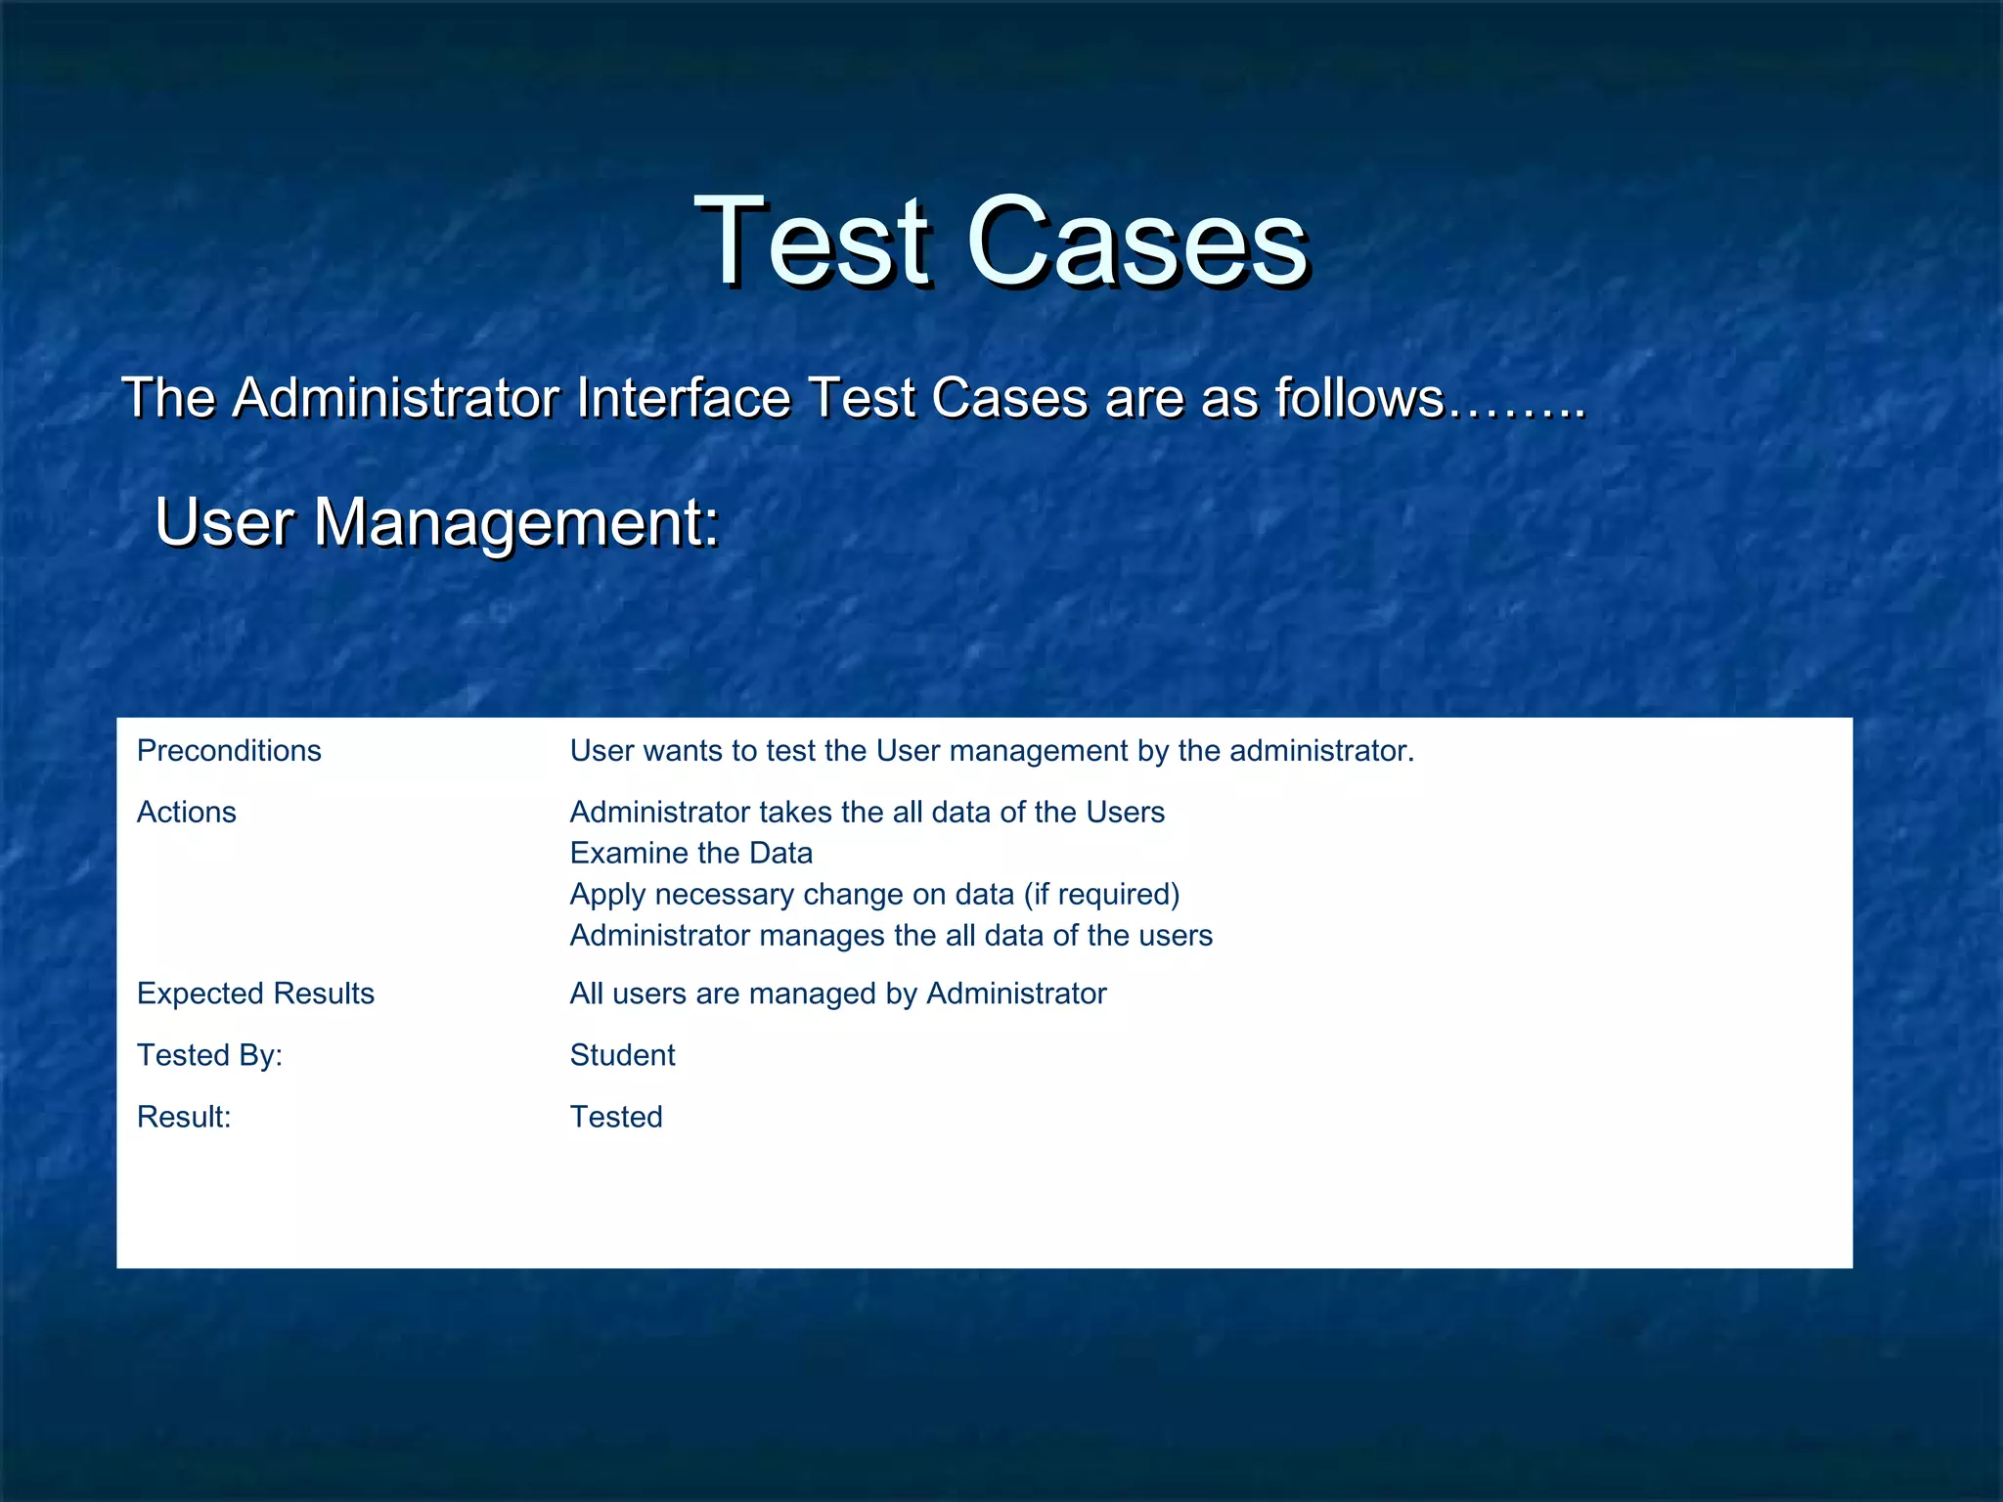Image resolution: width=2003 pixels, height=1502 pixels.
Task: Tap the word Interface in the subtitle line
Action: coord(683,398)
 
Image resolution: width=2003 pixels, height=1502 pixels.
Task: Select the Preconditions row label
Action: coord(229,751)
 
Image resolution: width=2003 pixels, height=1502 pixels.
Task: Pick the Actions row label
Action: coord(187,813)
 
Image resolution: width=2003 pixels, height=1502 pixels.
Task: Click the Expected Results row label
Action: coord(255,994)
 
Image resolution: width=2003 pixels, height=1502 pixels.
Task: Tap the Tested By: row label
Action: coord(209,1055)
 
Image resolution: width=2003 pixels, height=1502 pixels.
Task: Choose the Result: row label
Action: coord(184,1117)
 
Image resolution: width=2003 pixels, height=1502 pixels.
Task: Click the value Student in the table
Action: coord(622,1055)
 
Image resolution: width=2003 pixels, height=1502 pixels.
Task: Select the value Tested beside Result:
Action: coord(616,1117)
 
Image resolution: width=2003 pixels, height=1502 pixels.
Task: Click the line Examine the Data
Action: coord(690,854)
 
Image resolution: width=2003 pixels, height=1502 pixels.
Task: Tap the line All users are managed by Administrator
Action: coord(838,994)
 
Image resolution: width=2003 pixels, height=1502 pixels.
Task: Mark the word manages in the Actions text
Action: coord(823,936)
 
